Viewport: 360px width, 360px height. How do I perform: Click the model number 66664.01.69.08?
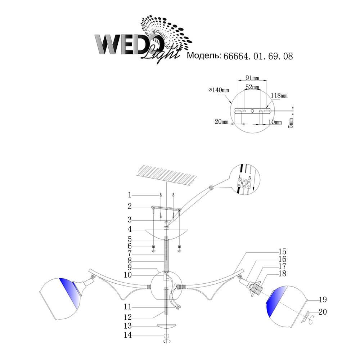tap(258, 56)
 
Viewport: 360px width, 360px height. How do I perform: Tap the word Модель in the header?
tap(204, 55)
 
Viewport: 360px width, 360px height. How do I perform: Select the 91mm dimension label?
tap(252, 78)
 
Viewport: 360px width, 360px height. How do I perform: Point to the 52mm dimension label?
tap(252, 87)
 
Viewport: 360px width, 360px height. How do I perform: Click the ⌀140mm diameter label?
tap(219, 90)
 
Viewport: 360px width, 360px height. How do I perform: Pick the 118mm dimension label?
tap(279, 95)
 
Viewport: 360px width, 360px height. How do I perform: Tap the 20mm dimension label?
tap(221, 122)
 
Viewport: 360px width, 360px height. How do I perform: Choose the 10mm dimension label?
tap(275, 122)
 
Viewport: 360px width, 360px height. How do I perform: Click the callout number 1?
tap(130, 195)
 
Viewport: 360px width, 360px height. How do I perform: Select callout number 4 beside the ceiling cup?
tap(130, 229)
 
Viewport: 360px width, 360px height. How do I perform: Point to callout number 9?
tap(130, 267)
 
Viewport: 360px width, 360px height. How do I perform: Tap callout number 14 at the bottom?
tap(128, 335)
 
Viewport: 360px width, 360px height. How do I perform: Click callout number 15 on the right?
tap(282, 251)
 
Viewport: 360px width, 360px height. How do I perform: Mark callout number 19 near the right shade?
tap(323, 300)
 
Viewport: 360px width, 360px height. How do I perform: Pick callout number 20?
tap(323, 312)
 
